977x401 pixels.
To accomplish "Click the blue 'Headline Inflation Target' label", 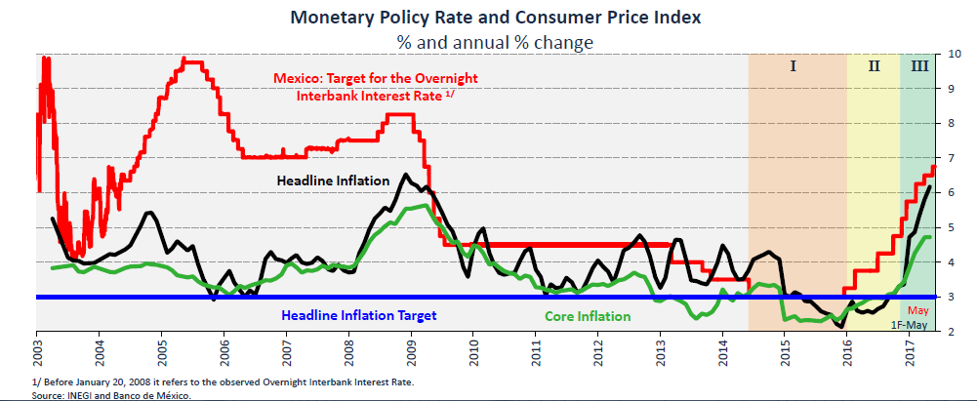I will pos(358,315).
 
